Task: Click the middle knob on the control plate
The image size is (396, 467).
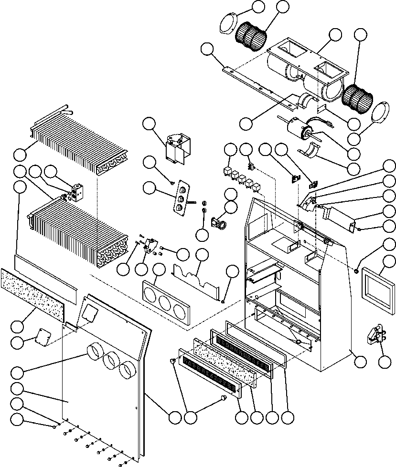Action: point(181,199)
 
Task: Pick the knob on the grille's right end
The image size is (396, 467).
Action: point(223,398)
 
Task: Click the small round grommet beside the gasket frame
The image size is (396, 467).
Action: point(356,271)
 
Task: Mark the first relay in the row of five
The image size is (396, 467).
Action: point(229,170)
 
